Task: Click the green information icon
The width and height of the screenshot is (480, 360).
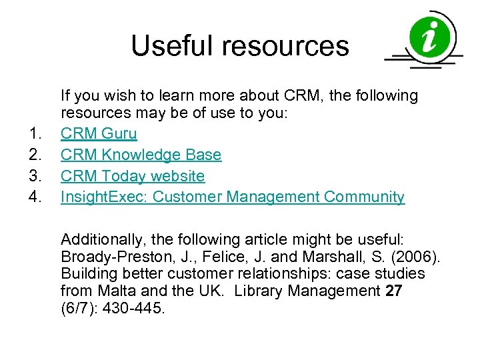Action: (431, 37)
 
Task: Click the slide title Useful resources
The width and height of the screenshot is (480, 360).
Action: (240, 46)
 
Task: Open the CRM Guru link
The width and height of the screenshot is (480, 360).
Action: (99, 133)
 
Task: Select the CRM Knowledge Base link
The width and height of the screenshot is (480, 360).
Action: (141, 155)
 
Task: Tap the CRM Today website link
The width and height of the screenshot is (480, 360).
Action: (133, 176)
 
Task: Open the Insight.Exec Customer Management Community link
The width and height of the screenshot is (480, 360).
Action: (232, 197)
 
